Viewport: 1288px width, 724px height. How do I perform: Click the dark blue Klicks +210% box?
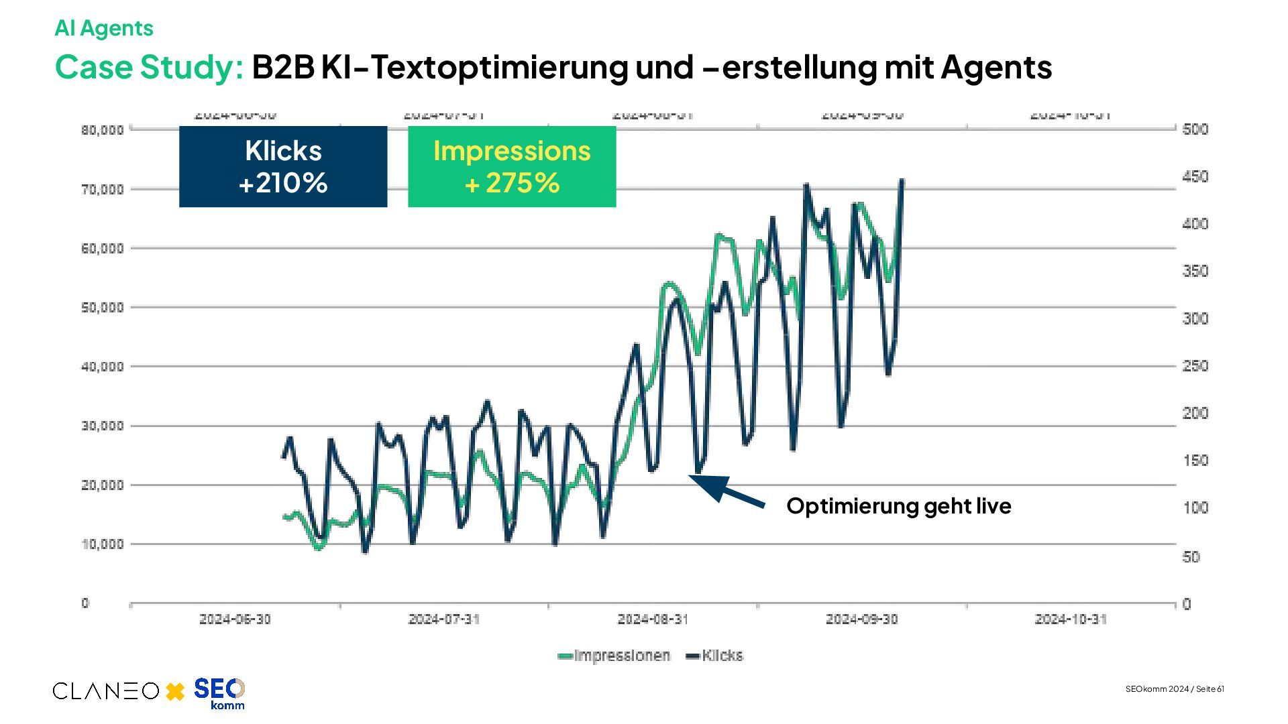(x=283, y=166)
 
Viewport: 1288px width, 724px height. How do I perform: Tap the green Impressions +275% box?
(x=512, y=166)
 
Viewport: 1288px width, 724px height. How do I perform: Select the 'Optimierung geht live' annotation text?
(x=898, y=505)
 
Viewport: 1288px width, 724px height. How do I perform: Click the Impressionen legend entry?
(x=614, y=656)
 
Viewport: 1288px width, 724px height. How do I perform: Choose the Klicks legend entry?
(x=714, y=656)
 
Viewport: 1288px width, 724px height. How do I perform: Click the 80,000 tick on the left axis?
(x=103, y=129)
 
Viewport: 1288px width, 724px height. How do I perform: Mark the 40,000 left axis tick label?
(x=103, y=367)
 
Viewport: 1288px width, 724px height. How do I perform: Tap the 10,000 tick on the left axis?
(x=103, y=544)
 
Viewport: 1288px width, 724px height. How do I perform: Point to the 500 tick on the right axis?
(x=1195, y=129)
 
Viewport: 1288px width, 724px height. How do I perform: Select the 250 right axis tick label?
(x=1195, y=366)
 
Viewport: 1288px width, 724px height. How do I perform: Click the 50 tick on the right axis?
(x=1191, y=556)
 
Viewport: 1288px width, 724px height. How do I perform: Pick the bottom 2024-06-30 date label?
(x=235, y=619)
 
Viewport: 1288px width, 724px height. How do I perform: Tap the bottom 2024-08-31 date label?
(x=653, y=619)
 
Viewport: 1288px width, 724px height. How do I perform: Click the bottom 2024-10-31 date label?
(x=1071, y=619)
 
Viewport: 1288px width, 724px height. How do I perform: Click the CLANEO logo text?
(x=106, y=691)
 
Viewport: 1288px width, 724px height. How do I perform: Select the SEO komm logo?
(x=219, y=693)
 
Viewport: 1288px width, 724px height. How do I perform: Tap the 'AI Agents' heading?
(x=104, y=28)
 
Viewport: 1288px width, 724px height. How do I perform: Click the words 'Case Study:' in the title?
(x=149, y=67)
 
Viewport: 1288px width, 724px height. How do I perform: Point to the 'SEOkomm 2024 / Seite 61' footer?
(x=1175, y=689)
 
